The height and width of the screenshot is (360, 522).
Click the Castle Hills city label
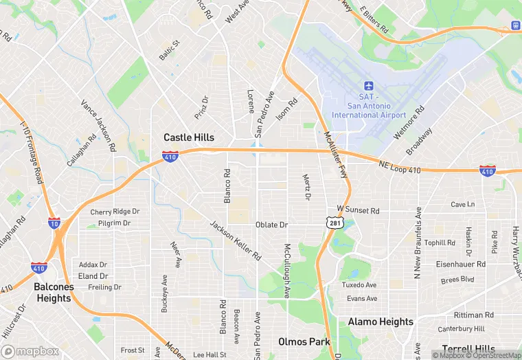click(188, 137)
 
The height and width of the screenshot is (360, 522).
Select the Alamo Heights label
click(381, 322)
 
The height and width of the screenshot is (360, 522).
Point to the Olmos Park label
click(304, 341)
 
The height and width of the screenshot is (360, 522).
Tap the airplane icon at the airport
click(369, 86)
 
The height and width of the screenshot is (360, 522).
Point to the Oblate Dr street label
click(271, 225)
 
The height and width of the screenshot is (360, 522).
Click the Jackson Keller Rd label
click(236, 240)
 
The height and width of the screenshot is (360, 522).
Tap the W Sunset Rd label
click(358, 210)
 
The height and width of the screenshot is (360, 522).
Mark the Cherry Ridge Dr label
click(115, 212)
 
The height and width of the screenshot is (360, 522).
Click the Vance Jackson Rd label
click(97, 125)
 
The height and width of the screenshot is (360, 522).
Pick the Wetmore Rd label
click(409, 123)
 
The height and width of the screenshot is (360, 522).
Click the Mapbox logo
click(32, 350)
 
